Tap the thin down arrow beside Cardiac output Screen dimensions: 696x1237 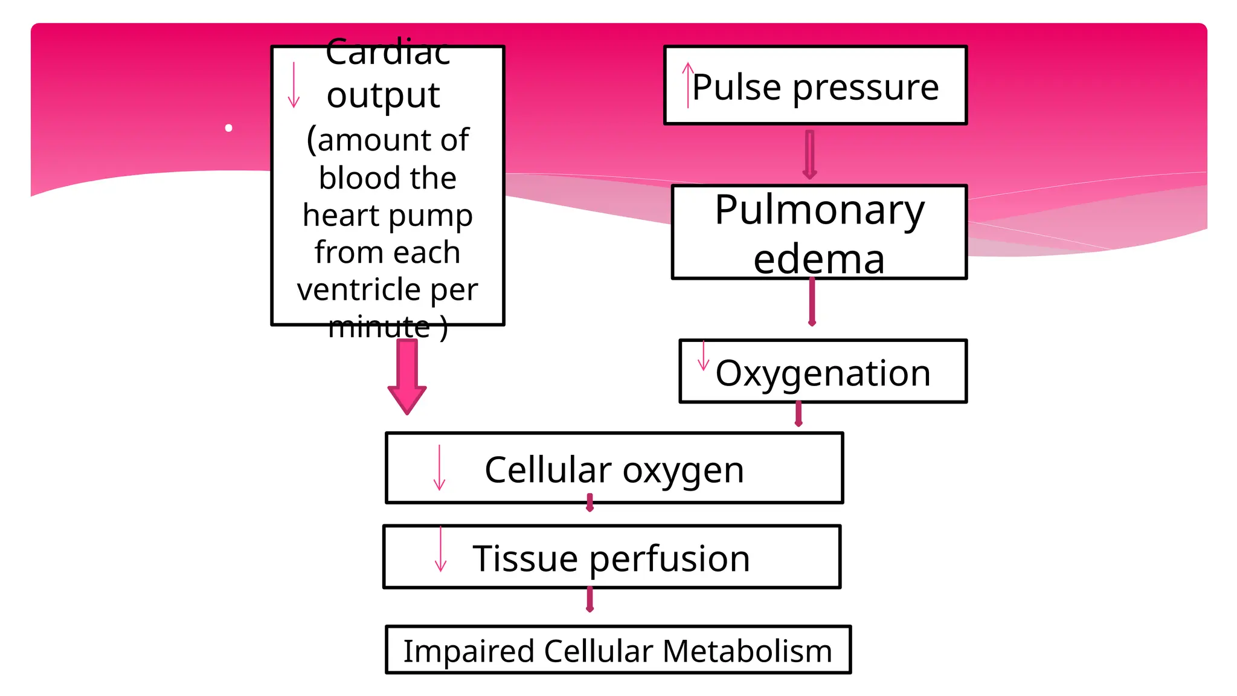tap(294, 85)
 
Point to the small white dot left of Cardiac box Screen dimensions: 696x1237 tap(228, 128)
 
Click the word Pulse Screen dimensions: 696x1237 tap(737, 87)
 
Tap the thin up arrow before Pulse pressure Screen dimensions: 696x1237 tap(688, 85)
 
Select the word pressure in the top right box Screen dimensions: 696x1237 tap(866, 87)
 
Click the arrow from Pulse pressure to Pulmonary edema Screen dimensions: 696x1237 tap(810, 155)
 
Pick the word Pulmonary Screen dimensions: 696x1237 tap(820, 210)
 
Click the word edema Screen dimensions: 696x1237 tap(819, 260)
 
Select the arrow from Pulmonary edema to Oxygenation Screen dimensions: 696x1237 tap(812, 302)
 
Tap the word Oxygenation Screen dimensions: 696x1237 tap(823, 373)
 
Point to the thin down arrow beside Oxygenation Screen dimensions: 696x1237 tap(703, 356)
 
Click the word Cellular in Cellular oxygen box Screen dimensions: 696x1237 tap(548, 470)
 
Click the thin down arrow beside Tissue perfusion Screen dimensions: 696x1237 tap(441, 549)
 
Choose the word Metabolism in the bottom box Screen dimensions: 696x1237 tap(747, 651)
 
